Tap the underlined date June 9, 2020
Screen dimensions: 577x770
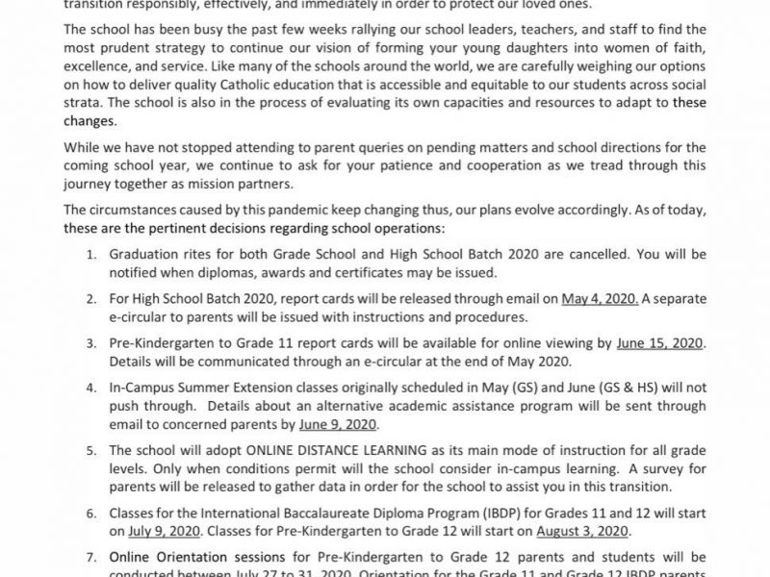(x=339, y=424)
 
